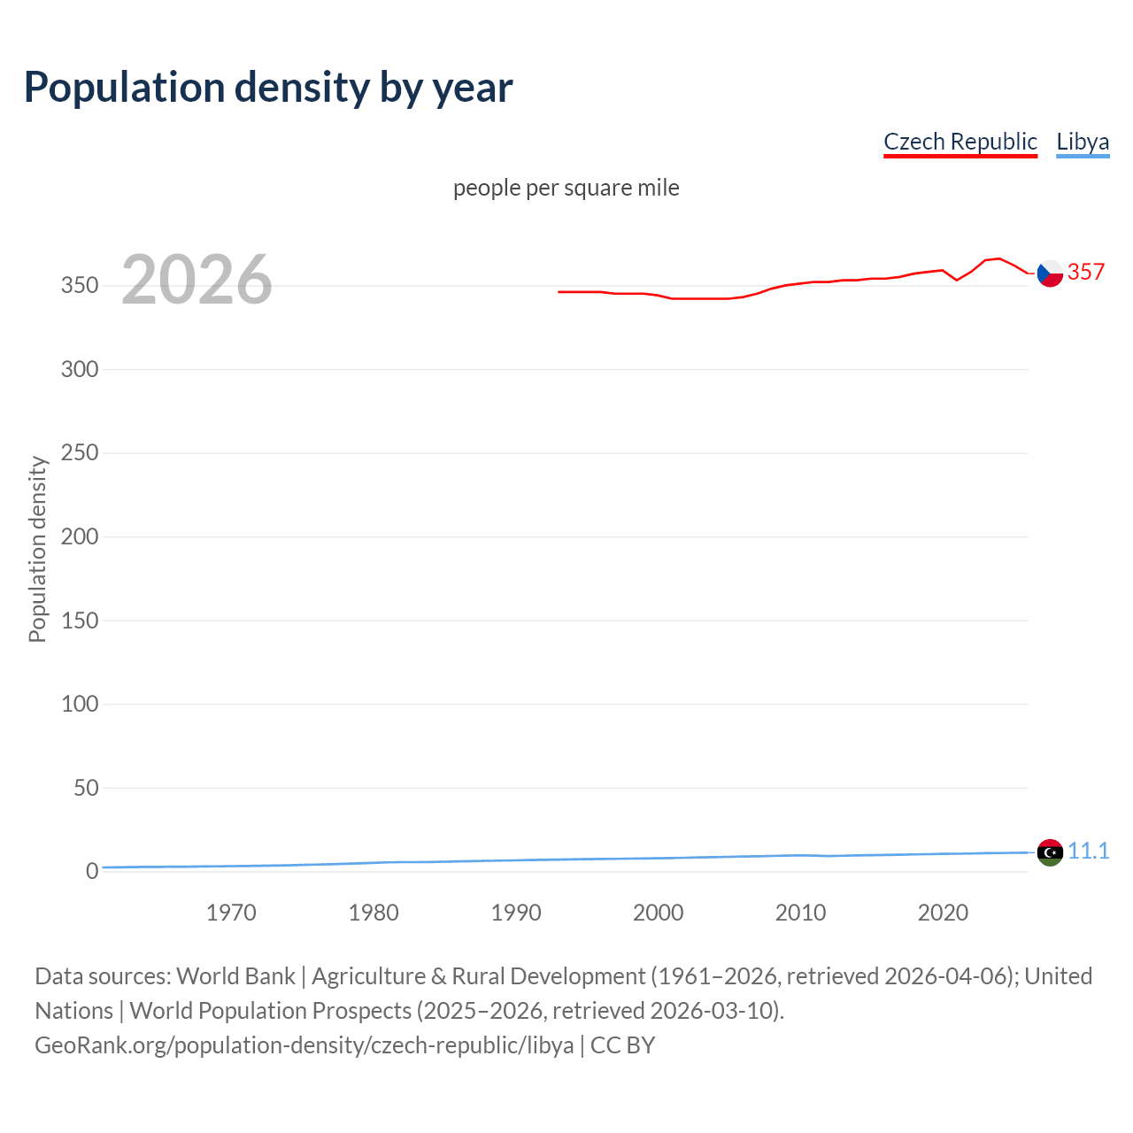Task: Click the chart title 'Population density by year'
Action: (x=268, y=87)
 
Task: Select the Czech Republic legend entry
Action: (x=960, y=142)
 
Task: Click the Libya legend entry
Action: (x=1082, y=142)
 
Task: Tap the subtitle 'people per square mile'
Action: (x=566, y=188)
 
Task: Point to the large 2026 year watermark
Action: (x=197, y=280)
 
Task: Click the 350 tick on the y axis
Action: (x=79, y=286)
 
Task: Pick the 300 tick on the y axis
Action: (x=79, y=369)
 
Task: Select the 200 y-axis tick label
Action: (x=79, y=536)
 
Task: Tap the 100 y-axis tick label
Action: (x=79, y=704)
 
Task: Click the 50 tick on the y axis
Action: (x=85, y=788)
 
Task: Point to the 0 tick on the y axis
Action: (x=92, y=871)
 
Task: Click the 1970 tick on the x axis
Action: (x=231, y=913)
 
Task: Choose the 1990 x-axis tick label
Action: (x=516, y=913)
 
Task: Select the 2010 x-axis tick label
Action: (x=800, y=913)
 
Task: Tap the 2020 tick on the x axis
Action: (x=943, y=913)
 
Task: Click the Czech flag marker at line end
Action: (x=1050, y=274)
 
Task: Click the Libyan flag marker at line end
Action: (x=1050, y=852)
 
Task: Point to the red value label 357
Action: (x=1086, y=272)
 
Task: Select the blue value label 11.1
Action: (x=1088, y=851)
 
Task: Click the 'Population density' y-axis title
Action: (x=37, y=549)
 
